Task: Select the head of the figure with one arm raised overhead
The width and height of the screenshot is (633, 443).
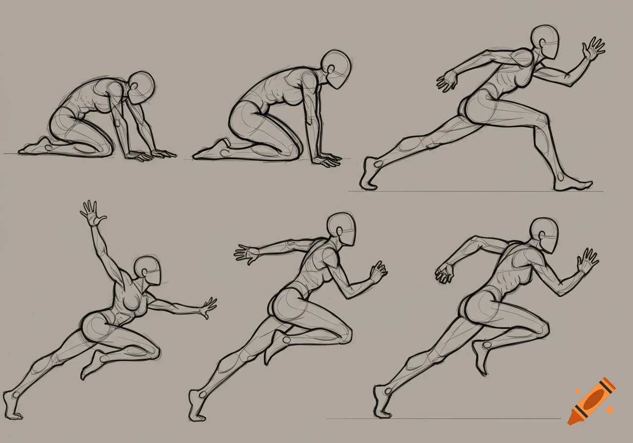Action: point(148,270)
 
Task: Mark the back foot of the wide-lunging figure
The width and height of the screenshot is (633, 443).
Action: point(370,175)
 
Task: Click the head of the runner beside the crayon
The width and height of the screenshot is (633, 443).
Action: point(544,235)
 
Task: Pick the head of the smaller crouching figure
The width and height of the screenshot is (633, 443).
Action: point(141,87)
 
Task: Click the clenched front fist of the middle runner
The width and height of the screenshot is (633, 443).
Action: point(378,271)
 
